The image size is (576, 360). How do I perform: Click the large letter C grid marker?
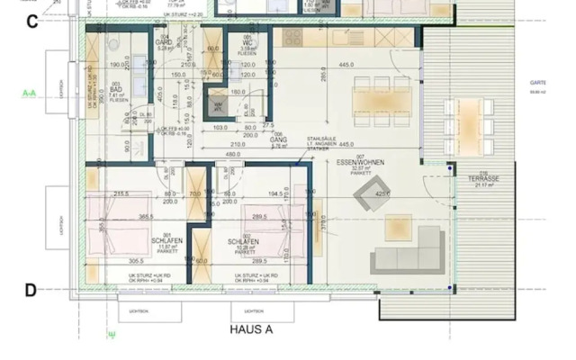[x=31, y=22]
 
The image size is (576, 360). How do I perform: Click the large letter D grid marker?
[x=31, y=290]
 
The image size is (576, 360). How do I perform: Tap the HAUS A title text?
[x=251, y=330]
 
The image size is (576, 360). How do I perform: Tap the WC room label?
[x=247, y=42]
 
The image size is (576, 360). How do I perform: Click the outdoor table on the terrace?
[x=469, y=126]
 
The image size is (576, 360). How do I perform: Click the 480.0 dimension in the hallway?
[x=232, y=153]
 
